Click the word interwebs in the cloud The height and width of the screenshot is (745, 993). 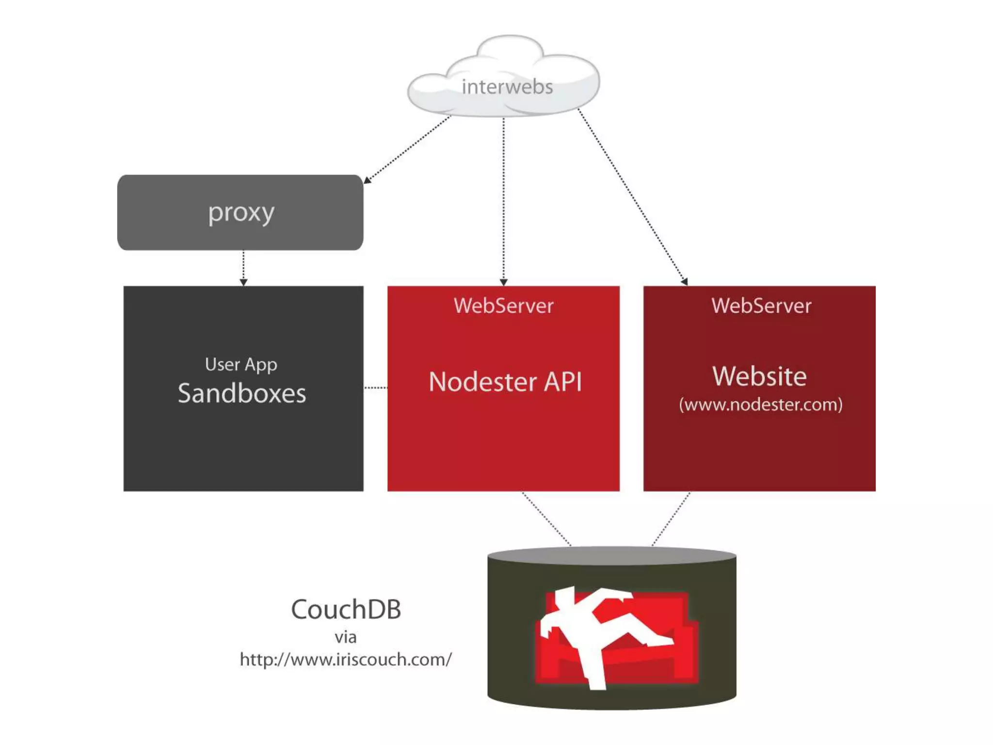click(x=507, y=87)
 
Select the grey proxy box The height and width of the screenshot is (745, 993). click(x=240, y=212)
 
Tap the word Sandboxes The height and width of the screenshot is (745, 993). click(x=241, y=393)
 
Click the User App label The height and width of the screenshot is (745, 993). click(x=240, y=364)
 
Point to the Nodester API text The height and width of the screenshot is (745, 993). click(x=505, y=382)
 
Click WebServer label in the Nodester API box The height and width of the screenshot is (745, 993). click(x=503, y=306)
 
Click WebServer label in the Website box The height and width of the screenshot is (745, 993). click(x=761, y=306)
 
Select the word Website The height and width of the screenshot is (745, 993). click(x=759, y=376)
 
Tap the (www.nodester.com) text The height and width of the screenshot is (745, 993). click(x=760, y=405)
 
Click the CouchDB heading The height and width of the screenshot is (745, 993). click(x=346, y=609)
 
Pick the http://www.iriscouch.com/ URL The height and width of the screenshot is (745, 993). click(x=346, y=660)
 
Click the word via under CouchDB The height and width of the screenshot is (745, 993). click(x=345, y=637)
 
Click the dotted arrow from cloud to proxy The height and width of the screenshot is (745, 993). click(x=407, y=149)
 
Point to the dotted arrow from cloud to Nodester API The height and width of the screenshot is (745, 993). click(x=503, y=199)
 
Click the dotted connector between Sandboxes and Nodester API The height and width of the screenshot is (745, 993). click(x=375, y=388)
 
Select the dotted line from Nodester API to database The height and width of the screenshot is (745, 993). click(x=546, y=518)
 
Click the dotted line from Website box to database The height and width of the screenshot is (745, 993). click(x=671, y=518)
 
